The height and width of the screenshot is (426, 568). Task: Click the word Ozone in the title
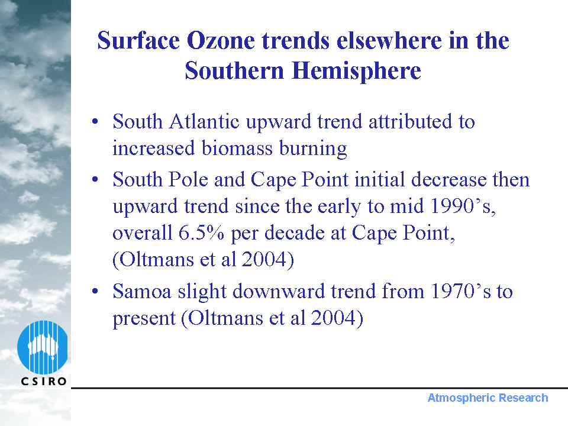(221, 40)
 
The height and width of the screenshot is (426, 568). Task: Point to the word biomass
(237, 148)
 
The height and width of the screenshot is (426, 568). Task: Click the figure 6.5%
(201, 233)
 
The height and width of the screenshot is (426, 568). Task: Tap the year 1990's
(463, 206)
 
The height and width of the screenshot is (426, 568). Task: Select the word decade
(294, 233)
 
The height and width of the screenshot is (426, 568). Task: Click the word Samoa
(141, 291)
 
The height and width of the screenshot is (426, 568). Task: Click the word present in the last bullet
(144, 319)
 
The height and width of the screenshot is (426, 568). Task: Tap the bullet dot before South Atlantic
(95, 121)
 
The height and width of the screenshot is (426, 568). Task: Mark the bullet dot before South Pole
(95, 179)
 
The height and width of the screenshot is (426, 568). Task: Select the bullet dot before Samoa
(95, 291)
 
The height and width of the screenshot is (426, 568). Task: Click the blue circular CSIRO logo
(43, 347)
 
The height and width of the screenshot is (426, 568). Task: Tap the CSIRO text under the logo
(44, 381)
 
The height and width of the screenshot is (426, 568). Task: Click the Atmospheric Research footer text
(488, 398)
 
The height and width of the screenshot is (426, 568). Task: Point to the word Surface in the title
(138, 40)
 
